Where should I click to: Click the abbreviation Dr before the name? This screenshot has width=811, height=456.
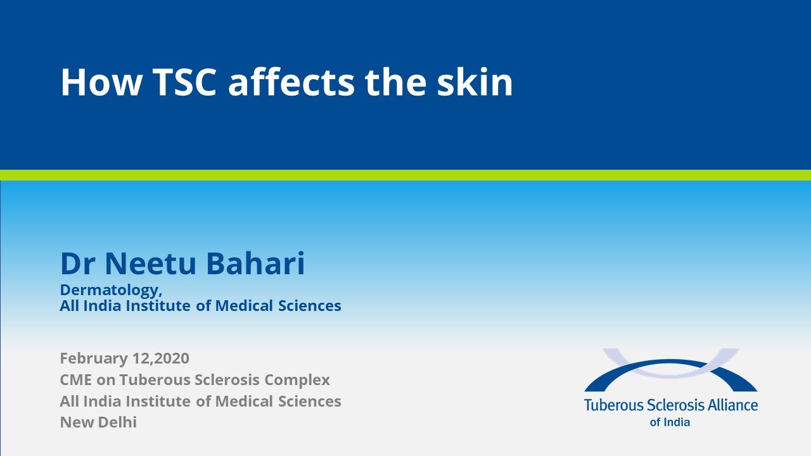pyautogui.click(x=79, y=263)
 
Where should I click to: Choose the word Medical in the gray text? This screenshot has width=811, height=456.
pyautogui.click(x=243, y=401)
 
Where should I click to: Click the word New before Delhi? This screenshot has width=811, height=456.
pyautogui.click(x=75, y=422)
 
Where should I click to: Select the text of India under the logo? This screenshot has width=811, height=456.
pyautogui.click(x=670, y=422)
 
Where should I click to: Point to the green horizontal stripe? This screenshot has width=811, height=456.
pyautogui.click(x=405, y=175)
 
